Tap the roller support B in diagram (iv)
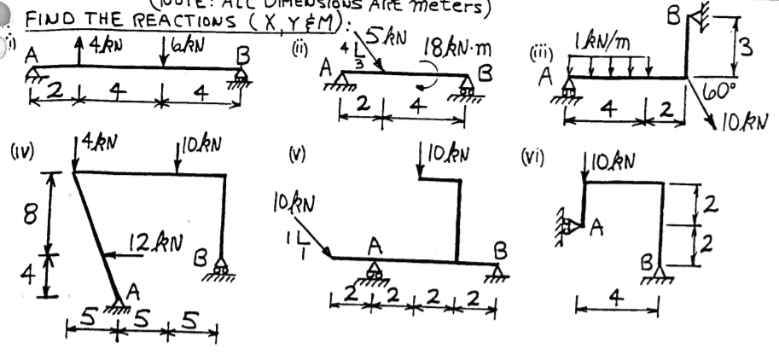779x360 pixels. point(224,267)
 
